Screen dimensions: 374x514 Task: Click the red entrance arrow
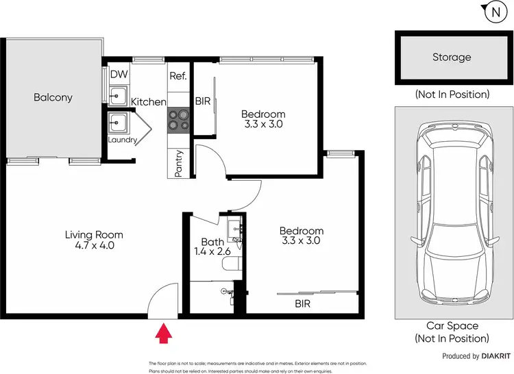[163, 334]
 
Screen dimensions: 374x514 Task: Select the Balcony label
[53, 98]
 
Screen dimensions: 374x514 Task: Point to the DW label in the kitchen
[118, 74]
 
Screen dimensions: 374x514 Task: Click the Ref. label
[178, 75]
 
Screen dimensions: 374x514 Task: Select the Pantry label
[178, 163]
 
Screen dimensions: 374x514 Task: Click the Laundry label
[123, 140]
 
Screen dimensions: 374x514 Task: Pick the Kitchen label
[149, 102]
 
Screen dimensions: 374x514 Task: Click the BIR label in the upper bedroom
[203, 102]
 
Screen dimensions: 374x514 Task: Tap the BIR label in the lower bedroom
[302, 302]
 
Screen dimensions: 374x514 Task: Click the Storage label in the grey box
[452, 58]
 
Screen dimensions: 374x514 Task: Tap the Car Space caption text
[452, 332]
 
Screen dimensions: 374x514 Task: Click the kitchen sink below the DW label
[118, 95]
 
